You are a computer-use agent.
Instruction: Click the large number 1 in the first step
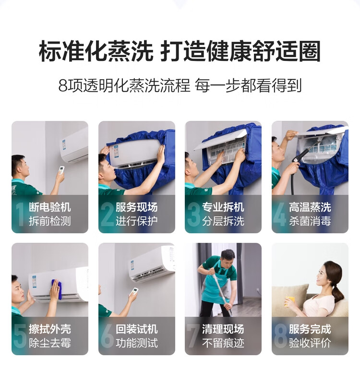click(x=19, y=214)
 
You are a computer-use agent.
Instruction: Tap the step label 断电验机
click(x=50, y=207)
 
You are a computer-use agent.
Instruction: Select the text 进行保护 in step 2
click(x=137, y=221)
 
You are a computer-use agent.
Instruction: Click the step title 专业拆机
click(x=223, y=207)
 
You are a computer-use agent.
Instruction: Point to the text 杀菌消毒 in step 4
click(x=310, y=221)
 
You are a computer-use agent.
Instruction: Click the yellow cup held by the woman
click(x=290, y=302)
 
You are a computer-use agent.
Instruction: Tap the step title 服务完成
click(x=310, y=329)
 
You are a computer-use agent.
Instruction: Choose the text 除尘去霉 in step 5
click(x=50, y=343)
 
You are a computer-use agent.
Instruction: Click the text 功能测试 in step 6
click(x=137, y=343)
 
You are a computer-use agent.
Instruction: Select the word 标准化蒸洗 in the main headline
click(x=96, y=52)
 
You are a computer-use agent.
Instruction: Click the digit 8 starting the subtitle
click(x=63, y=86)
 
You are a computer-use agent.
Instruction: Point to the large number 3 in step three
click(x=194, y=214)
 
